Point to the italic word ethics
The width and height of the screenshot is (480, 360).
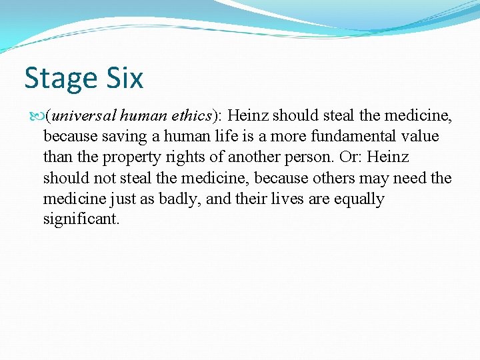coord(191,116)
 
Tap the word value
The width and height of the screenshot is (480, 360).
coord(420,137)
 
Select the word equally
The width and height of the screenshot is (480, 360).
coord(359,199)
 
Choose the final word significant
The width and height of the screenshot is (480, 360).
coord(81,219)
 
